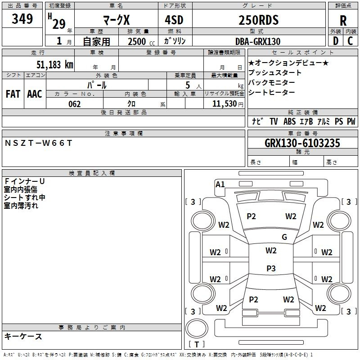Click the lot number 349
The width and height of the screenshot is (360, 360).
click(22, 19)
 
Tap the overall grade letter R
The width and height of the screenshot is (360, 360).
click(343, 21)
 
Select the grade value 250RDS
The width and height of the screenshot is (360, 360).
click(258, 20)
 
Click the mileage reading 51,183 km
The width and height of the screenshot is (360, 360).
click(55, 65)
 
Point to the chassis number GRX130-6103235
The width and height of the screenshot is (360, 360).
click(302, 143)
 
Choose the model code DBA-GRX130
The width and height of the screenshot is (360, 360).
click(258, 41)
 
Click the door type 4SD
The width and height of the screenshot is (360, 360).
click(174, 20)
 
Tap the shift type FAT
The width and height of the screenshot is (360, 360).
click(13, 94)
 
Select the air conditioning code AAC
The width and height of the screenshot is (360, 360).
click(35, 94)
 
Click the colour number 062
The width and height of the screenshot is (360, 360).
click(75, 104)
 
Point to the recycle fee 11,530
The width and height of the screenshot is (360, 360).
click(225, 104)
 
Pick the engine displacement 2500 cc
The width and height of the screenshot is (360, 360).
click(141, 41)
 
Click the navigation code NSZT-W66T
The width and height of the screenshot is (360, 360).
click(38, 143)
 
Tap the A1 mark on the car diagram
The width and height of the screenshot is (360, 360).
click(220, 184)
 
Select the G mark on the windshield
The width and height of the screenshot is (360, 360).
click(284, 237)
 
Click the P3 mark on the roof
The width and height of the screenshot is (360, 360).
click(271, 268)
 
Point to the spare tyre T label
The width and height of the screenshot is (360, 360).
click(197, 344)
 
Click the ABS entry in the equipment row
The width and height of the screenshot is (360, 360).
click(289, 121)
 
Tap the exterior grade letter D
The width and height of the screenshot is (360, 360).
click(336, 41)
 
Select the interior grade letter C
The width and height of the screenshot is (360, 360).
click(350, 41)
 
